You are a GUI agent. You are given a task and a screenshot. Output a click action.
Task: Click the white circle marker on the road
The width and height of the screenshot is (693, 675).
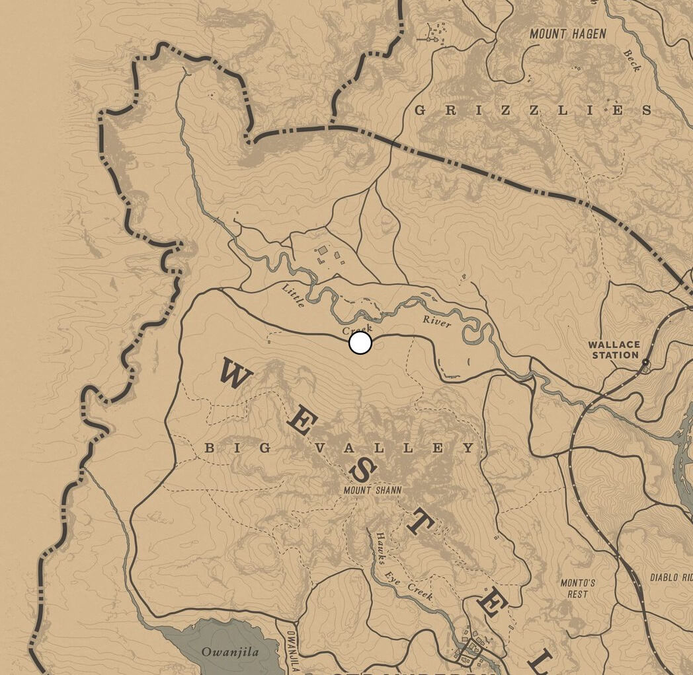360,343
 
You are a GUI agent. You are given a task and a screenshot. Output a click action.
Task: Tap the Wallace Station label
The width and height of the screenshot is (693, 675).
614,349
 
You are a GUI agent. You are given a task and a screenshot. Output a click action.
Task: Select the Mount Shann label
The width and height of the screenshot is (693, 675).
372,490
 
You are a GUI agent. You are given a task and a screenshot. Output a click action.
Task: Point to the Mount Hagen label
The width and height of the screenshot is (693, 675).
567,34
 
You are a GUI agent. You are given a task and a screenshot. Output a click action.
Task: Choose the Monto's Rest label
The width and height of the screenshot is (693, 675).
577,588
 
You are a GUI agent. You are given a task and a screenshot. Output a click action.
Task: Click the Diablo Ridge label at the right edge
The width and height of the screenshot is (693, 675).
671,577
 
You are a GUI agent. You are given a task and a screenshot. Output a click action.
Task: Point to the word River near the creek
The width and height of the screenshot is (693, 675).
436,321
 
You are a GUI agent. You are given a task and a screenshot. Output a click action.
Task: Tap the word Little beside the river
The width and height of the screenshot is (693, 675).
293,295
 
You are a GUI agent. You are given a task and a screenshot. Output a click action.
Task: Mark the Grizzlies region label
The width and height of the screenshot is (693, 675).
533,110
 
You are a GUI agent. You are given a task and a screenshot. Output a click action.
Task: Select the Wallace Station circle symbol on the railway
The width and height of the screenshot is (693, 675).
645,363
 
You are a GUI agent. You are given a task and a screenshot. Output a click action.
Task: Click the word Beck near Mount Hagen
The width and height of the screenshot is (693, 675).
632,59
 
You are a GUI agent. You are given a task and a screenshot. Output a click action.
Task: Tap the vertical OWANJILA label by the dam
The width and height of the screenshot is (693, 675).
291,650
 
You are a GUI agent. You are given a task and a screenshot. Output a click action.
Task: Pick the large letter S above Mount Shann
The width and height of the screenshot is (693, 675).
363,470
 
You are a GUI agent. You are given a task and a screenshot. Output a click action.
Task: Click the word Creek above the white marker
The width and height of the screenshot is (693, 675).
357,328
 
